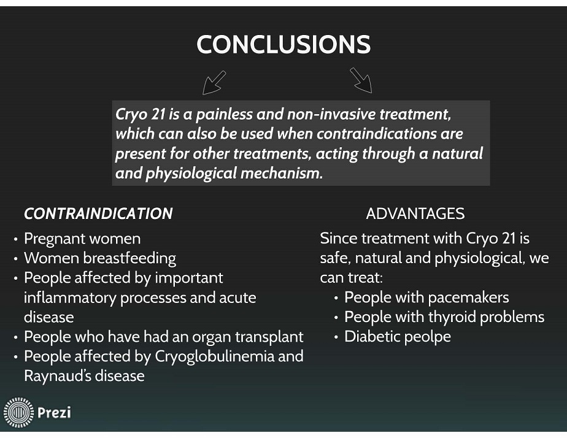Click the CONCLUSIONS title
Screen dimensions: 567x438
point(283,44)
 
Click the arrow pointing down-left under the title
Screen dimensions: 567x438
point(214,83)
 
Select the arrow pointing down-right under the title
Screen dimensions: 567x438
point(361,80)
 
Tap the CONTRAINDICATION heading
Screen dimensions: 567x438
point(98,213)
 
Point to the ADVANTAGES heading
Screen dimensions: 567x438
point(415,213)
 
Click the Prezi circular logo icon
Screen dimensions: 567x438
point(18,412)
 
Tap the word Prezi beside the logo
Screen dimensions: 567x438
point(54,412)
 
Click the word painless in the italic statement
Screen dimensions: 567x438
point(224,115)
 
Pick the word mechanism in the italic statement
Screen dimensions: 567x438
point(282,173)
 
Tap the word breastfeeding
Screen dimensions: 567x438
point(129,259)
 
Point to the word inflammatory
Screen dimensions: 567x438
point(70,298)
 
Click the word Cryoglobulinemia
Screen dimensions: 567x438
point(214,356)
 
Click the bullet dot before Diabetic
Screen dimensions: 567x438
point(336,337)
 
